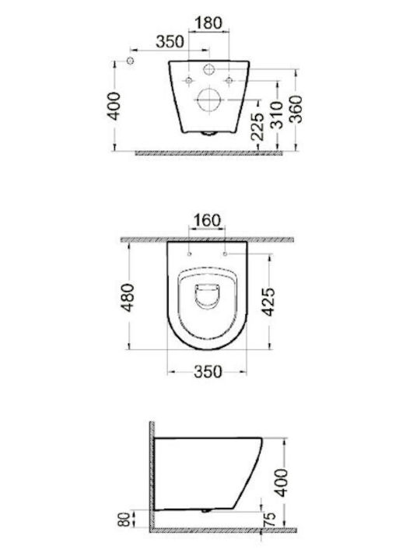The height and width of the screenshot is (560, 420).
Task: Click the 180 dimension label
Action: pos(208,23)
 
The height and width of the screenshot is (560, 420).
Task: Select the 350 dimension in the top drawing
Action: pos(170,41)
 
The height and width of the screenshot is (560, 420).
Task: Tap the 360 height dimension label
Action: pos(296,110)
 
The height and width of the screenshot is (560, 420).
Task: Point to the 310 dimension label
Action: pos(276,115)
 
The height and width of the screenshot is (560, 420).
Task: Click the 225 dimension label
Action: pos(257,127)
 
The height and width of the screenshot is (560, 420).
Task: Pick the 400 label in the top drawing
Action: pos(114,106)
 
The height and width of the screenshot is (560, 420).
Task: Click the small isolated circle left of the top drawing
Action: pos(131,61)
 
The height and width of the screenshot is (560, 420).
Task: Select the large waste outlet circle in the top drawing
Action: pos(209,100)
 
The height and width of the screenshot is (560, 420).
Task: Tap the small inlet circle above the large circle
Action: pos(209,68)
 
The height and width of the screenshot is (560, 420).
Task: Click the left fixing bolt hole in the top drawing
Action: pos(189,81)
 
